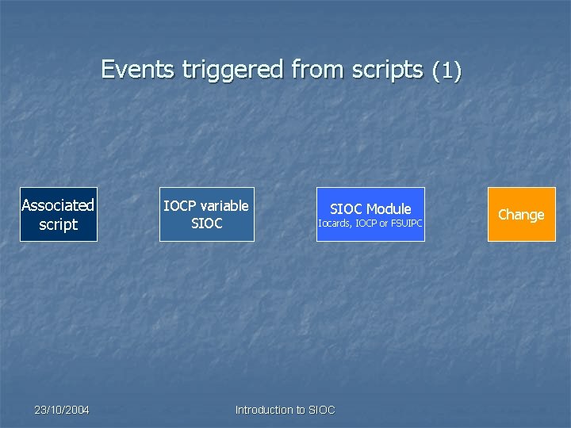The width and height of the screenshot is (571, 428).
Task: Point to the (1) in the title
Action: [446, 71]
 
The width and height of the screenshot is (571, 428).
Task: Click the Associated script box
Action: [59, 215]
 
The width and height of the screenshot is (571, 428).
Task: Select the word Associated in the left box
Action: [58, 205]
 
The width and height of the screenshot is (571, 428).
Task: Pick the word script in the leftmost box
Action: [59, 225]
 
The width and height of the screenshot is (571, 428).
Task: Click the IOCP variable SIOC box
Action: [206, 215]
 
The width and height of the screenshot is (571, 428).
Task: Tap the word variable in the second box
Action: [224, 206]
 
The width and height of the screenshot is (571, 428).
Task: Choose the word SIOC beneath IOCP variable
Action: [207, 224]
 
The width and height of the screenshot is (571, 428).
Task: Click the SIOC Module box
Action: [370, 215]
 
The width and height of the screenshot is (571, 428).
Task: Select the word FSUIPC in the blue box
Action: [405, 224]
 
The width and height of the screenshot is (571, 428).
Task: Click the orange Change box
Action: [521, 215]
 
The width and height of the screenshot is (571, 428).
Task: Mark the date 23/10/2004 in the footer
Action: [62, 410]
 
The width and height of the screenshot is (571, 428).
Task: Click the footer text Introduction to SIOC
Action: [285, 410]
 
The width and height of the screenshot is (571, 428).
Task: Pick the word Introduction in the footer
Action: [264, 410]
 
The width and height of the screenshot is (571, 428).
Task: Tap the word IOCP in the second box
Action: [179, 206]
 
